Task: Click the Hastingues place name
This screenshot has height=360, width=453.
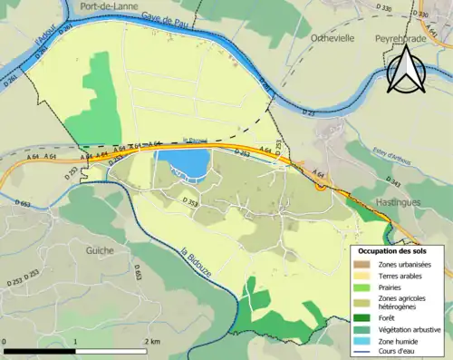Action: point(397,202)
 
